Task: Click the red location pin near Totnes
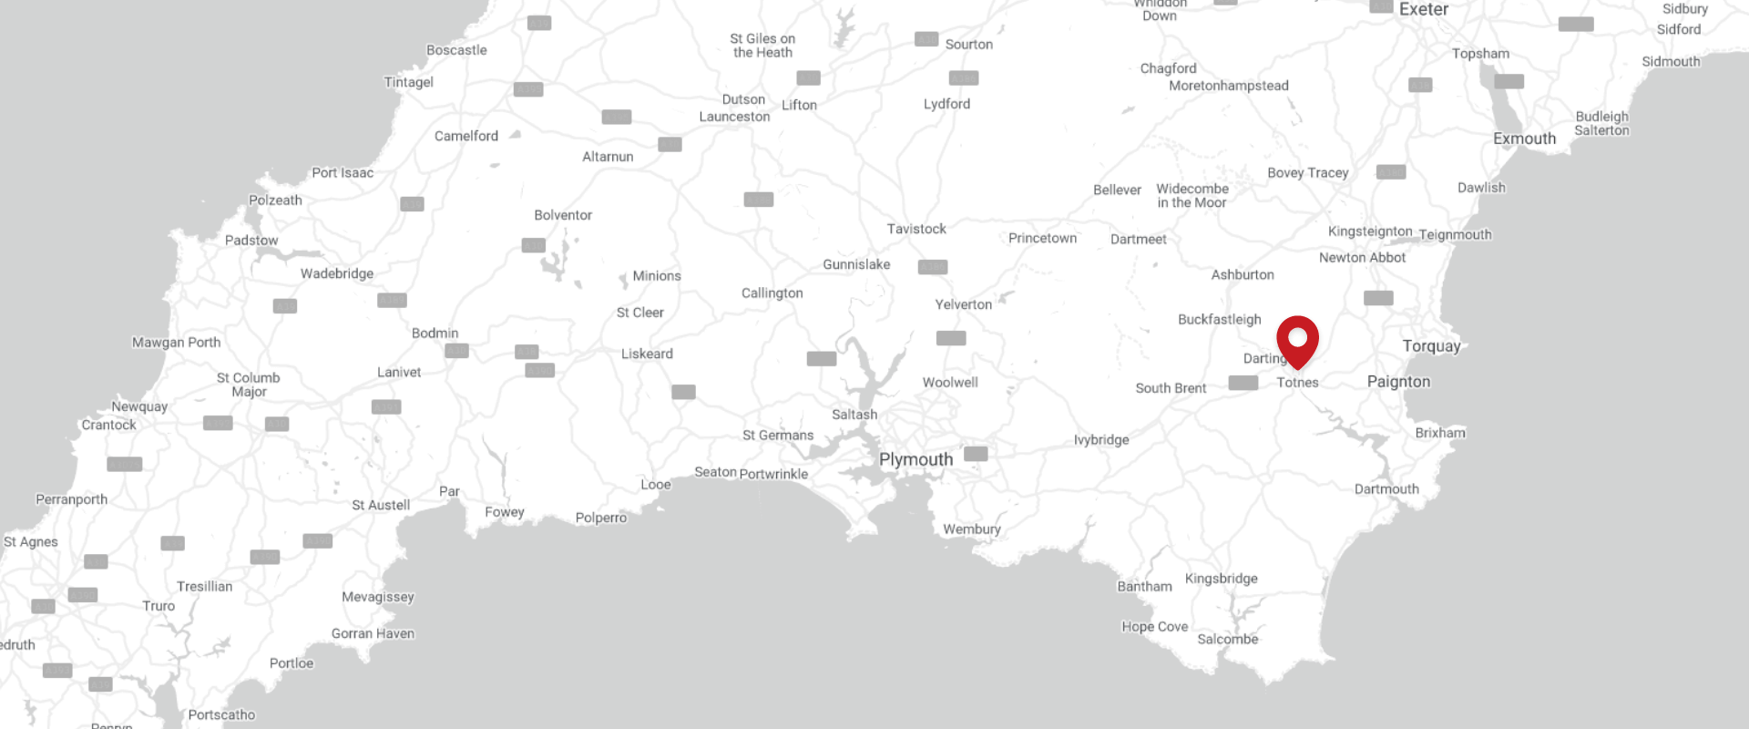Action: tap(1297, 339)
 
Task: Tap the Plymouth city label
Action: tap(915, 460)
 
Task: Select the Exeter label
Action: tap(1423, 9)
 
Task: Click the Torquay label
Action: tap(1431, 346)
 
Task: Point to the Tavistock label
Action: tap(916, 229)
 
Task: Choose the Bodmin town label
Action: tap(435, 334)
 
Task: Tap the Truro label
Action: tap(159, 606)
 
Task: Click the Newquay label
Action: tap(139, 406)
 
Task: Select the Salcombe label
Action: tap(1227, 640)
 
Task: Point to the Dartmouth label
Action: tap(1386, 489)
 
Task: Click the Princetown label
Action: tap(1042, 238)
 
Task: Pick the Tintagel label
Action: tap(408, 82)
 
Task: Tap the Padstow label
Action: tap(251, 241)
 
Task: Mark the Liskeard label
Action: tap(647, 354)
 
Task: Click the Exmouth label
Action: tap(1524, 139)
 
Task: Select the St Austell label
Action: tap(381, 505)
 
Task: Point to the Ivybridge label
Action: tap(1100, 440)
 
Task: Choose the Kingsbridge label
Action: tap(1221, 579)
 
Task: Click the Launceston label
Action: tap(734, 117)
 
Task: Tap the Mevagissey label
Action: tap(377, 597)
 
